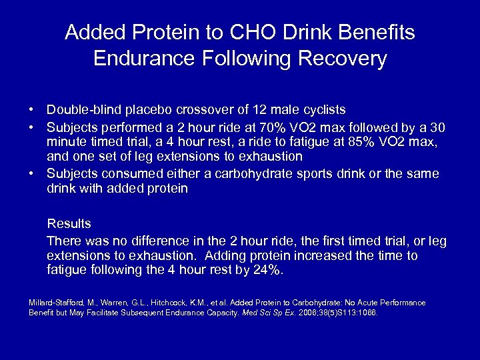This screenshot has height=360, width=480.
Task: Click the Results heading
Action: tap(69, 223)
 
